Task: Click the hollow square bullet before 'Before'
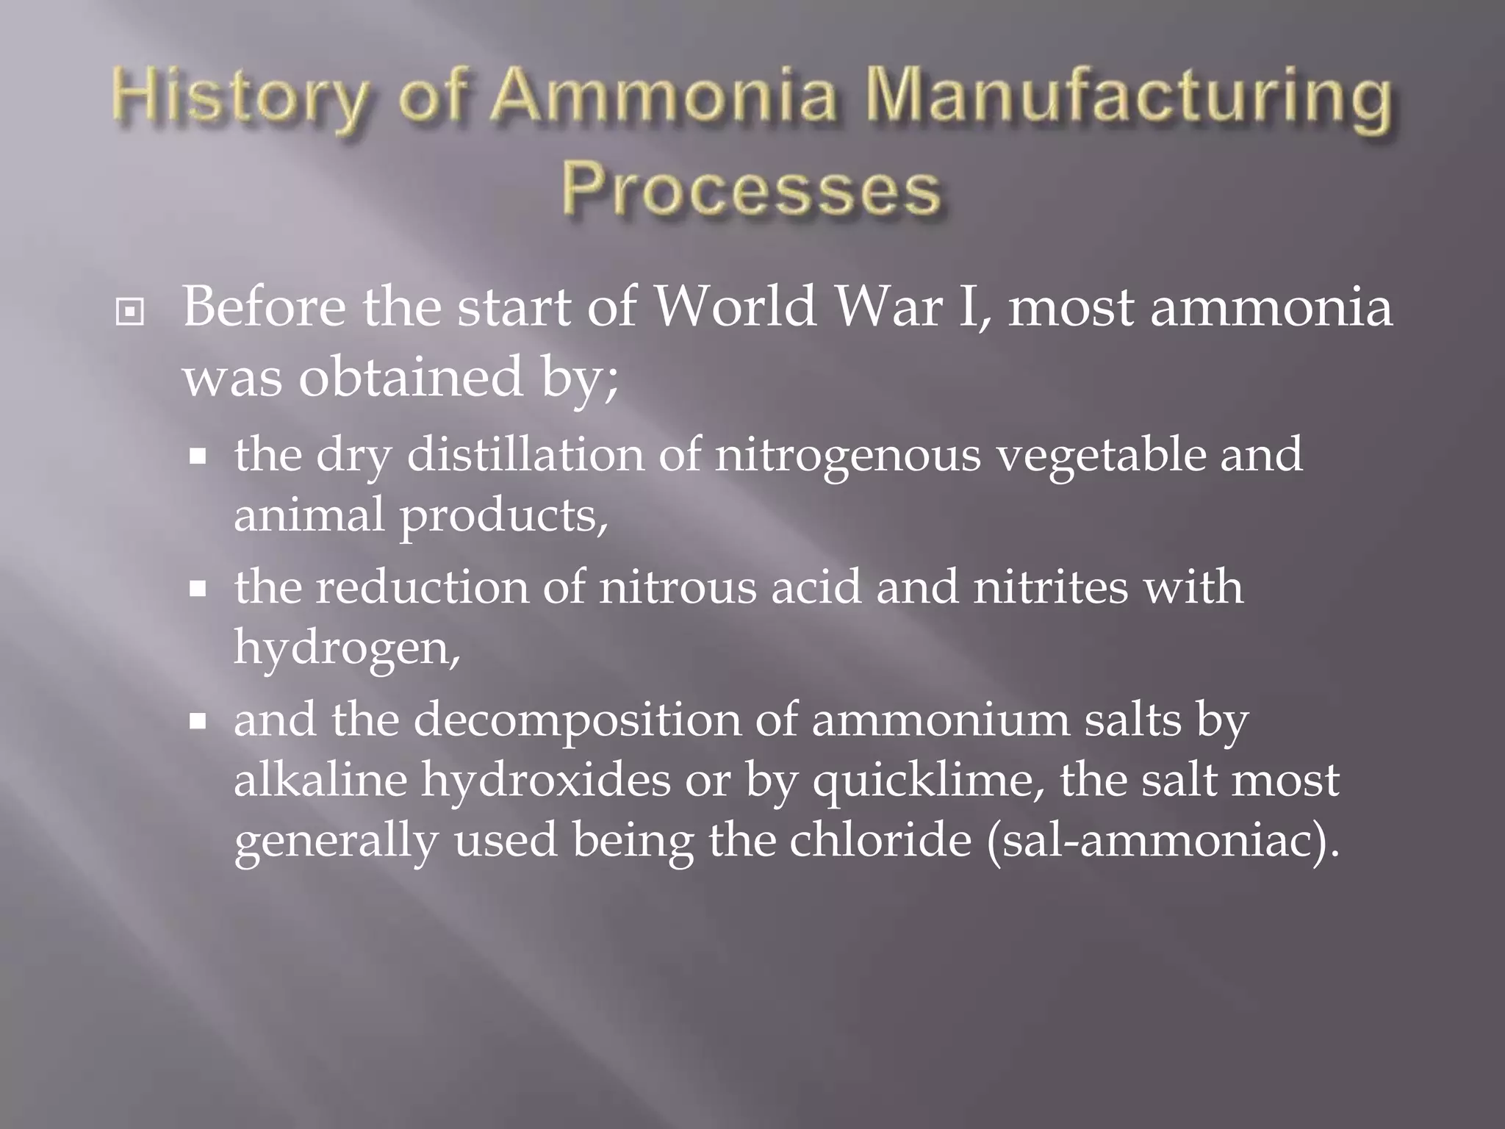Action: pos(130,312)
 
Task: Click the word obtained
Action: pos(410,376)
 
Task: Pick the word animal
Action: pos(309,515)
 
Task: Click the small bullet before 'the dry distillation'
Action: pos(197,456)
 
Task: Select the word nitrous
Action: pos(677,588)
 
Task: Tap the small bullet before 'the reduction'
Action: pos(197,589)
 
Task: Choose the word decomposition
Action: pos(577,720)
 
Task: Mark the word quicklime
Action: pos(922,781)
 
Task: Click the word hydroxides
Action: pos(545,781)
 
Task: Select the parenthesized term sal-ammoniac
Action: pos(1158,840)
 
